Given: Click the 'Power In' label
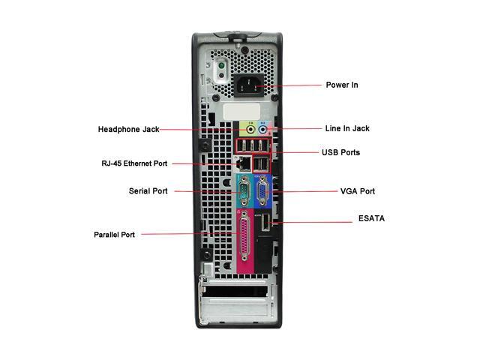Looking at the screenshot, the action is click(341, 85).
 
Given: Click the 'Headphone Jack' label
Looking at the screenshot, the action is click(128, 129).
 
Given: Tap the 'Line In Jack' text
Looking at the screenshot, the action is click(346, 128).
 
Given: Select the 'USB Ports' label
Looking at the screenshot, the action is click(340, 152).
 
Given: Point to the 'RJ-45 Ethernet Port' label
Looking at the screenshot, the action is click(134, 163).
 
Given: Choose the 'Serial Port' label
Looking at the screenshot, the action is click(148, 190).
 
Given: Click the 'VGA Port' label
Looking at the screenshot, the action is click(357, 191).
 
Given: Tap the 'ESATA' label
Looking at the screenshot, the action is click(370, 219).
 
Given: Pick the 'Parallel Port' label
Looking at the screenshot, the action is click(114, 234).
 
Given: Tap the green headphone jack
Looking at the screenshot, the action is click(250, 128).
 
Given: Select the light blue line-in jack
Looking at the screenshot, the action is click(262, 128).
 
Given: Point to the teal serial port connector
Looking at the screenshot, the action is click(244, 190).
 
